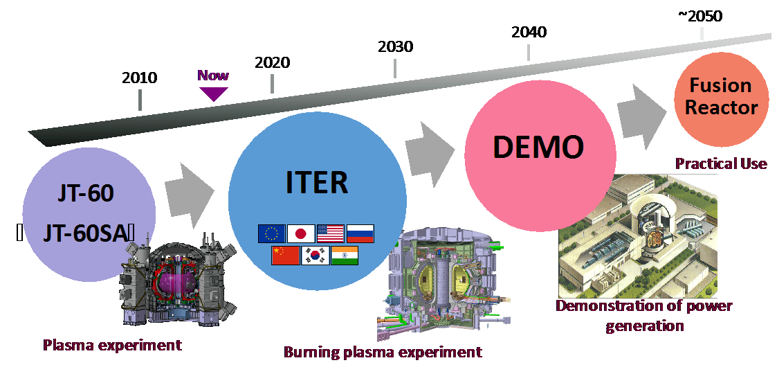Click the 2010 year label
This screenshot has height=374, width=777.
pos(140,77)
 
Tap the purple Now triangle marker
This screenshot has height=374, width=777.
pos(213,93)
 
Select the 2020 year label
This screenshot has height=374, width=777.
pos(272,62)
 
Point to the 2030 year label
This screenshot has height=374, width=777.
pos(395,46)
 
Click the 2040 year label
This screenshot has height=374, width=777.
pos(529,32)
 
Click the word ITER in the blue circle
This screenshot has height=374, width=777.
pos(316,182)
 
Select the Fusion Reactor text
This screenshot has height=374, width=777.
pos(720,96)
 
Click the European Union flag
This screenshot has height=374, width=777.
pos(271,234)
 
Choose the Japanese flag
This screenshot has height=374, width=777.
pos(300,234)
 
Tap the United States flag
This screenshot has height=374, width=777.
pos(330,234)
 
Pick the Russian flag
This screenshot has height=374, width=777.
pos(360,234)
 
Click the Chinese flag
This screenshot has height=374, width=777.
pos(285,255)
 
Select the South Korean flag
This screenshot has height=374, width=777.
pos(315,255)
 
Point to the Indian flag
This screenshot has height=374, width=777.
pos(345,255)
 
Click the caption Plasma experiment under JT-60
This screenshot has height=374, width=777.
pos(112,344)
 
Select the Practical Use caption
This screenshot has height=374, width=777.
pos(720,163)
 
